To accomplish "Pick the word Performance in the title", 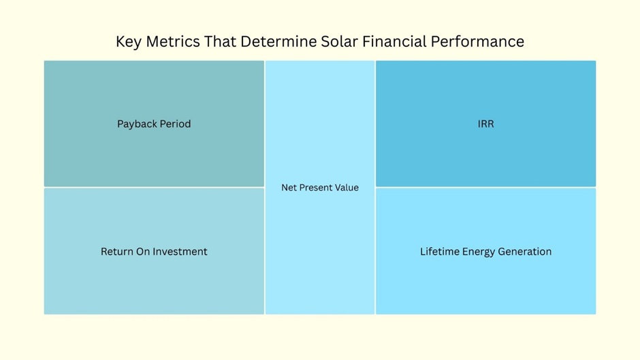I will (477, 42).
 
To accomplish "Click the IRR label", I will (485, 124).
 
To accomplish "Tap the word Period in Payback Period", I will (175, 124).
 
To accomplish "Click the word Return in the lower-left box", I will (117, 252).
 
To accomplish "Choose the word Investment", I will (180, 252).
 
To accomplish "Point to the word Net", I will (289, 188).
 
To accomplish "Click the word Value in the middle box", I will (347, 188).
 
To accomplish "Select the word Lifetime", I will (440, 252).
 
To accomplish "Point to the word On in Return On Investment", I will (143, 252).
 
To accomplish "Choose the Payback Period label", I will (154, 124).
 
